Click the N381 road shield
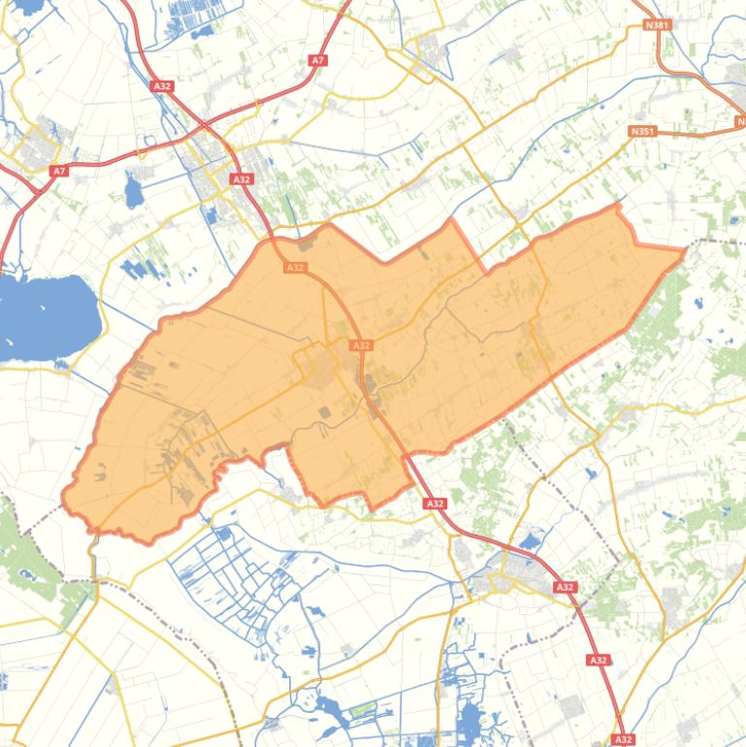pyautogui.click(x=657, y=24)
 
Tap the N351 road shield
pyautogui.click(x=641, y=131)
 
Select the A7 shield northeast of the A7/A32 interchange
pyautogui.click(x=317, y=60)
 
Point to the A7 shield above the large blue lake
pyautogui.click(x=59, y=171)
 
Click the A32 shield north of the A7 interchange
pyautogui.click(x=162, y=86)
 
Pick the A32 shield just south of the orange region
pyautogui.click(x=435, y=503)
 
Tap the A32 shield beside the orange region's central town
pyautogui.click(x=361, y=345)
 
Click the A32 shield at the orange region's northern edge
pyautogui.click(x=296, y=268)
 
